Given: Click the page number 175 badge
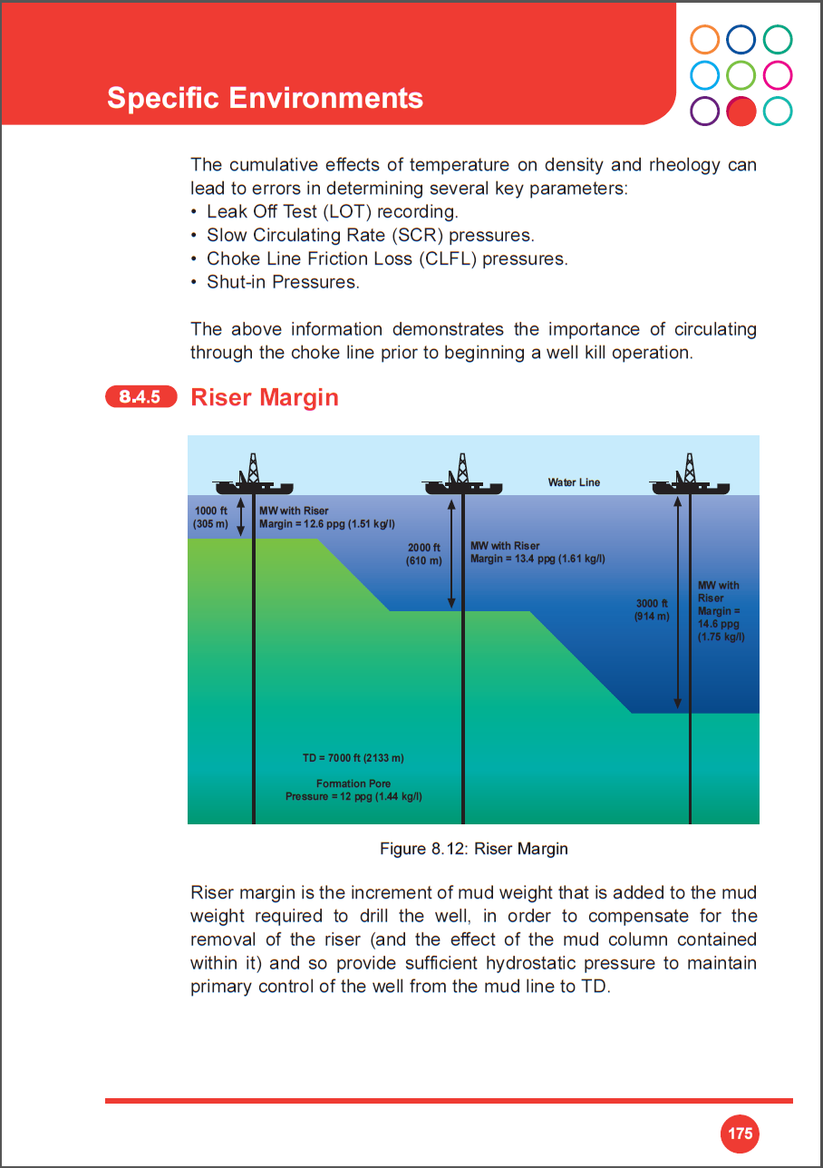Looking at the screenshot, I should [x=740, y=1134].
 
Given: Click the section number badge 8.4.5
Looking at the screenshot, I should [x=140, y=397].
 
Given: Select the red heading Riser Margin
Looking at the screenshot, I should [x=264, y=398].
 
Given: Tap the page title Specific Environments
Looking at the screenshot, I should [x=265, y=98].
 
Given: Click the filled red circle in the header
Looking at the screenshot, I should [x=741, y=111].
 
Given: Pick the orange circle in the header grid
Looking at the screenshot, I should [x=704, y=40].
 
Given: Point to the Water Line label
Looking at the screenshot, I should [x=574, y=482].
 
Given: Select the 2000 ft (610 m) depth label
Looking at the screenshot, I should [x=423, y=554].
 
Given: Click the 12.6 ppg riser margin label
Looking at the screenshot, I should [x=326, y=518].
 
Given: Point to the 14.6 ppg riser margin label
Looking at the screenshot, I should [x=719, y=611].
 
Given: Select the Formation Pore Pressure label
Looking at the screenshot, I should [x=353, y=790].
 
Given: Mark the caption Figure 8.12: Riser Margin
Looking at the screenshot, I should [x=473, y=850].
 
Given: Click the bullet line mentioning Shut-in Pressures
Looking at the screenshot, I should [x=283, y=282].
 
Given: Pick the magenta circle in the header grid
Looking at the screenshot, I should [x=777, y=74].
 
